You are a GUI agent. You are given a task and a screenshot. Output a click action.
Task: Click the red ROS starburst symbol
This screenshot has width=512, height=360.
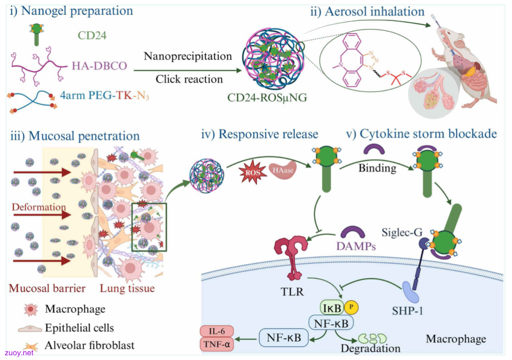(x=253, y=172)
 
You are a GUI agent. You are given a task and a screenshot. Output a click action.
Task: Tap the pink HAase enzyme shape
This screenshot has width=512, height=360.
(x=283, y=170)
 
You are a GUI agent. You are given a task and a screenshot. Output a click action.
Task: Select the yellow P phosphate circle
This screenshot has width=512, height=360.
(x=351, y=307)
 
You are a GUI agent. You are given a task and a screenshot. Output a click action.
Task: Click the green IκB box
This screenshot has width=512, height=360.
(x=332, y=307)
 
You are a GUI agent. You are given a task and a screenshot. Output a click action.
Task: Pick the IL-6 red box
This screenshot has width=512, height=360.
(x=217, y=331)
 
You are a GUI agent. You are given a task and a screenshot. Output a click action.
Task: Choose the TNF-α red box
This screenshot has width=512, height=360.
(x=217, y=344)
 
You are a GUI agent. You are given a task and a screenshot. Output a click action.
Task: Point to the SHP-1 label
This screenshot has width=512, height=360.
(x=408, y=310)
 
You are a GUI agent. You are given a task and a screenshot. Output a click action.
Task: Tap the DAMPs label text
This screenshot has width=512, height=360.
(x=356, y=246)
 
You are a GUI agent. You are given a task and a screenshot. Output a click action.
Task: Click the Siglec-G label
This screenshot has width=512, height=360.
(x=402, y=232)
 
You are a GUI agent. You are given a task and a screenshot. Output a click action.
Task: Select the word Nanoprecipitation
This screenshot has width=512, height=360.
(x=188, y=56)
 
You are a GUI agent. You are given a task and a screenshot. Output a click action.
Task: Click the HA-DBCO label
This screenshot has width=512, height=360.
(x=99, y=65)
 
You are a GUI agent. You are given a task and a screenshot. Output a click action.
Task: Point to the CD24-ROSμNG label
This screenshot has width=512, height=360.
(x=267, y=97)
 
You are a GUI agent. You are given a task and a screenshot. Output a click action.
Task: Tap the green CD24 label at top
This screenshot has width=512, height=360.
(x=92, y=35)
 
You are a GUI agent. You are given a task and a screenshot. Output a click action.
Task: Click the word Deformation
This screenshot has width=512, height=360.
(x=39, y=207)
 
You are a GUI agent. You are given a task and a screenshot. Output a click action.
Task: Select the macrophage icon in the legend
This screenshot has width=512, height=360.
(x=31, y=309)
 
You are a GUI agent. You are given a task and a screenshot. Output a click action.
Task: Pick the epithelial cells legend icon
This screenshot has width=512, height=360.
(x=30, y=328)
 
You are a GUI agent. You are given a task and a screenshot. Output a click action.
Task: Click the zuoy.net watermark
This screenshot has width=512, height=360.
(x=19, y=353)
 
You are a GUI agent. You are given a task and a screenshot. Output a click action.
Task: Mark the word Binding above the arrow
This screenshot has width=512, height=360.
(x=377, y=168)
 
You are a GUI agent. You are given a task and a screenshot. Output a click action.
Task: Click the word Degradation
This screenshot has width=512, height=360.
(x=371, y=348)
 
